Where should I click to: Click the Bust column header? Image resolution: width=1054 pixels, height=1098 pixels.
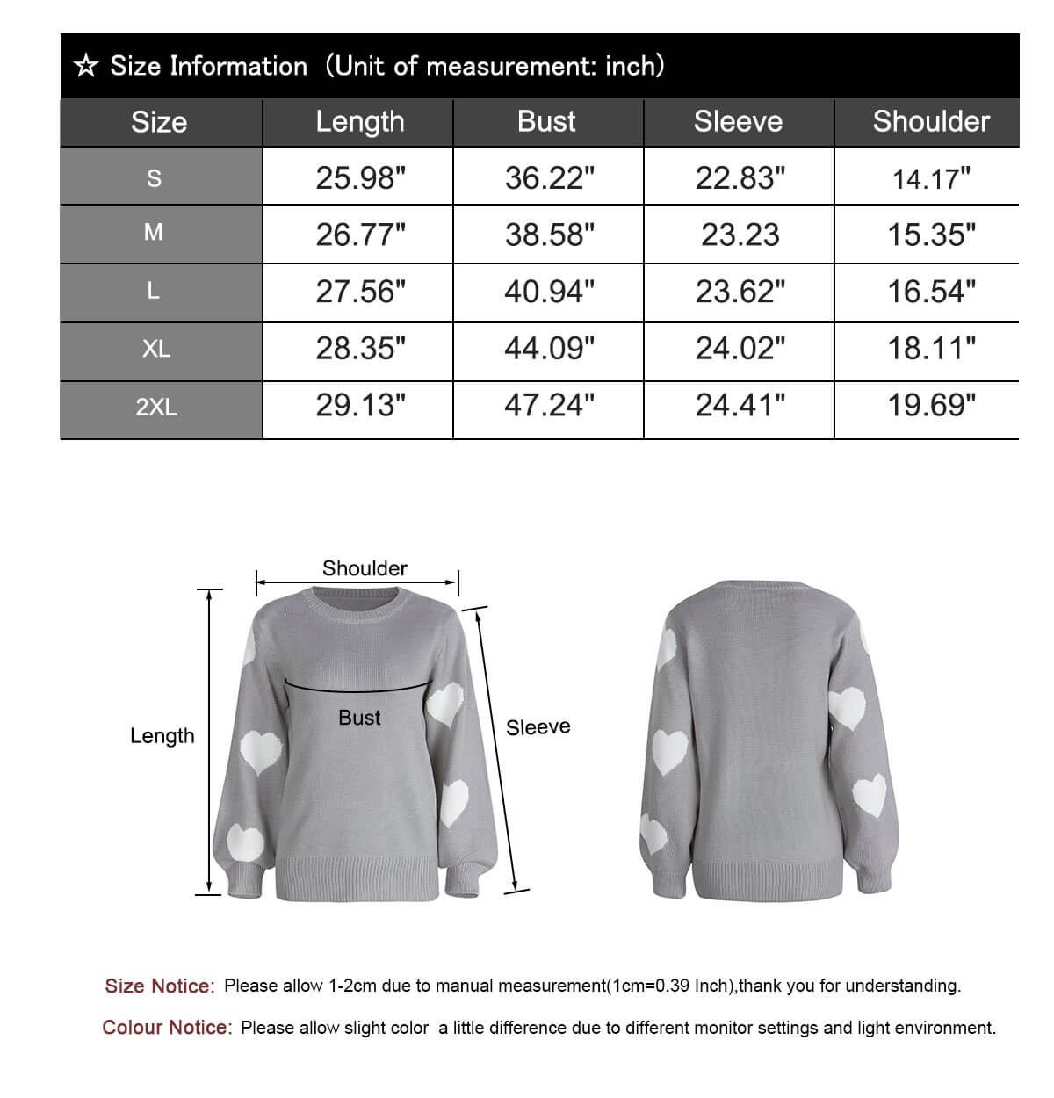[x=546, y=121]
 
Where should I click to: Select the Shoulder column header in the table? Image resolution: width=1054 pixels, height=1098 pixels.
[x=930, y=121]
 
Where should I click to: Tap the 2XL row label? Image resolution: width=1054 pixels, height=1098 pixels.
[x=156, y=408]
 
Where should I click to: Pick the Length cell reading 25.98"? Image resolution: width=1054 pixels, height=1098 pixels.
[x=360, y=178]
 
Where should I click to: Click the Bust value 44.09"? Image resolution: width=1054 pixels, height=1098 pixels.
[x=549, y=349]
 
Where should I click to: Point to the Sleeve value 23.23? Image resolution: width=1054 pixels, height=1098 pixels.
[x=740, y=235]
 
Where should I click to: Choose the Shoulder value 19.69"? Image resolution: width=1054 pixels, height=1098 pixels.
[x=931, y=406]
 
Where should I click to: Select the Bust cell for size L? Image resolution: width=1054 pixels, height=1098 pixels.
[x=549, y=292]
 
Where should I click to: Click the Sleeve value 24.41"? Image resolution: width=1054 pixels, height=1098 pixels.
[x=740, y=406]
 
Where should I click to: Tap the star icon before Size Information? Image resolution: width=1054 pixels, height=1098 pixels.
[x=85, y=66]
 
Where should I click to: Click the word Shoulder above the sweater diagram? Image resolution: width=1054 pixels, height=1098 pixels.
[x=365, y=568]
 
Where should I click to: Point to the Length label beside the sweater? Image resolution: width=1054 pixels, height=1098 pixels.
[x=162, y=736]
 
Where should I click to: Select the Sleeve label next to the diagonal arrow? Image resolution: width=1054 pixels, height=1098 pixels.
[x=538, y=727]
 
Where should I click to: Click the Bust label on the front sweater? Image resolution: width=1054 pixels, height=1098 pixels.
[x=359, y=718]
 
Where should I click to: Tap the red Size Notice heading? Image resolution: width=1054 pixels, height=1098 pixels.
[x=159, y=986]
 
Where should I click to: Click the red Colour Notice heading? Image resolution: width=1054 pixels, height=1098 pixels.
[x=167, y=1028]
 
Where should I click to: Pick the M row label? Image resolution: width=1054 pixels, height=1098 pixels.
[x=153, y=233]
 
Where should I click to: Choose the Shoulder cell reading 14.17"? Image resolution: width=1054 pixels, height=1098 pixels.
[x=931, y=179]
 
